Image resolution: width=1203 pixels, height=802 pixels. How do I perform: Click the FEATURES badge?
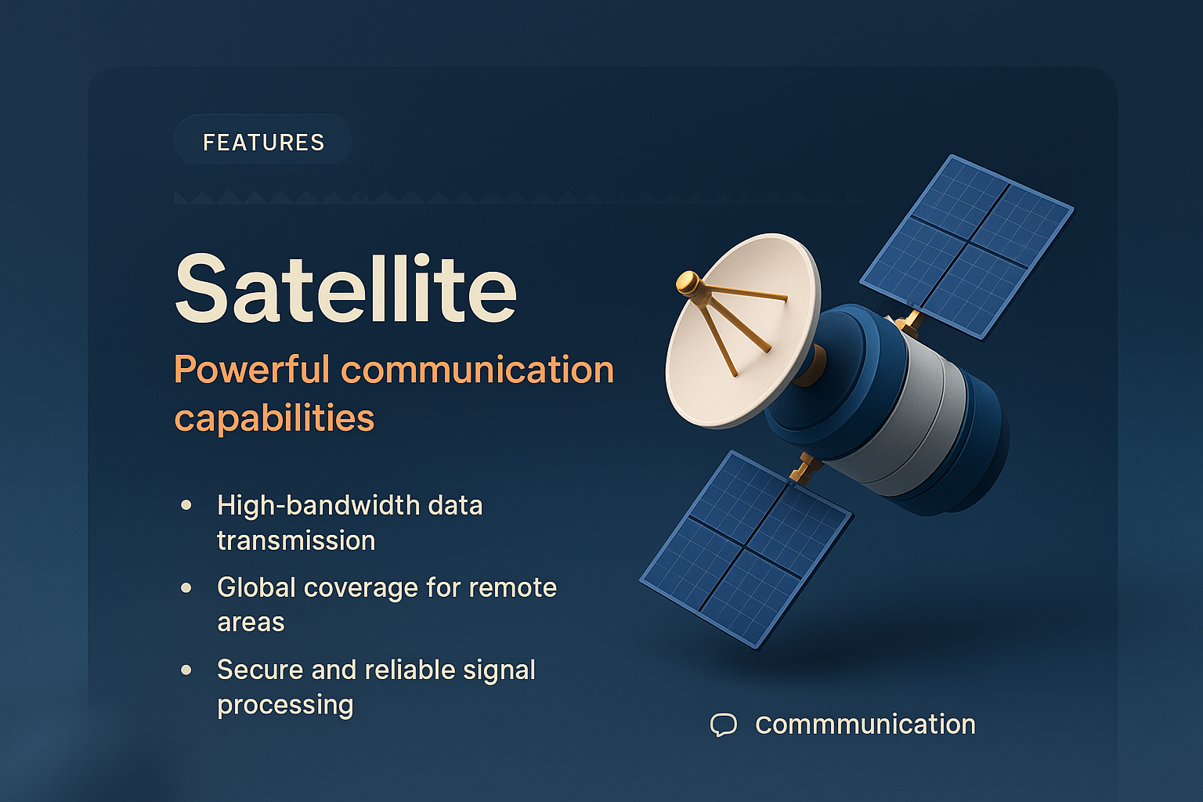click(x=263, y=142)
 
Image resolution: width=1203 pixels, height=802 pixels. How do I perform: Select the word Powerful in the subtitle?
click(x=251, y=369)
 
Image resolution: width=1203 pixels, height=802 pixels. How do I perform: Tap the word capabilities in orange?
click(x=274, y=417)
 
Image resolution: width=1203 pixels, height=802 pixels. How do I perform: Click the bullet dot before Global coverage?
click(x=186, y=587)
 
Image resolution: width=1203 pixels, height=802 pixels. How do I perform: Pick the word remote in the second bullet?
click(x=513, y=587)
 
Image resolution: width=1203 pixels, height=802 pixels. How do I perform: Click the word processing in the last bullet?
click(x=285, y=705)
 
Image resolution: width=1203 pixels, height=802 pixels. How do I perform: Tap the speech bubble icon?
click(x=723, y=724)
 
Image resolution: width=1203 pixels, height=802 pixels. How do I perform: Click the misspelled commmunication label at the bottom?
click(x=865, y=724)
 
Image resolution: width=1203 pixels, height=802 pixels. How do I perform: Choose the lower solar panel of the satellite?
click(x=745, y=548)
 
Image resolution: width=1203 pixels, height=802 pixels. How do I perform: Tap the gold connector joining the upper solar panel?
click(x=909, y=321)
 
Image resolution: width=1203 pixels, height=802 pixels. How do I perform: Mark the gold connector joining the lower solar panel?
click(x=804, y=468)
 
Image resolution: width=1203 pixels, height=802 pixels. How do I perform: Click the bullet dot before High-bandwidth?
click(x=186, y=505)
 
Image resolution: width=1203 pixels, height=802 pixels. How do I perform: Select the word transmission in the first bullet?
click(x=296, y=540)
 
